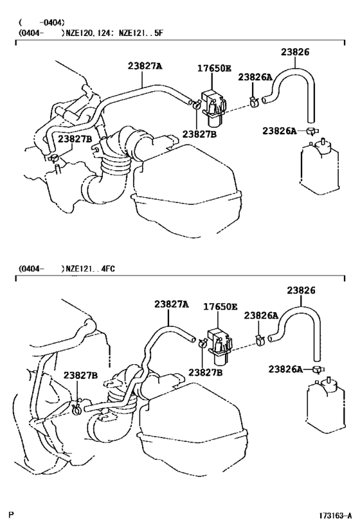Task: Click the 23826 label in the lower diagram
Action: tap(301, 290)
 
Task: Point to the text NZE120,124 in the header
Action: tap(87, 31)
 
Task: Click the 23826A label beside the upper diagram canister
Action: tap(279, 131)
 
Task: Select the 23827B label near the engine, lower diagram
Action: tap(80, 376)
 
